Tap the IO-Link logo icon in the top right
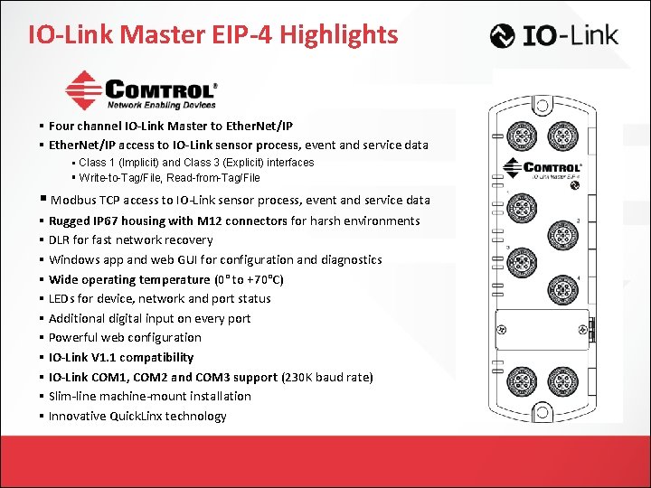[503, 36]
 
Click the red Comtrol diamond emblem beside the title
[85, 90]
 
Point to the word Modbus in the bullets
[71, 201]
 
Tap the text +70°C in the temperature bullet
[260, 279]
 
